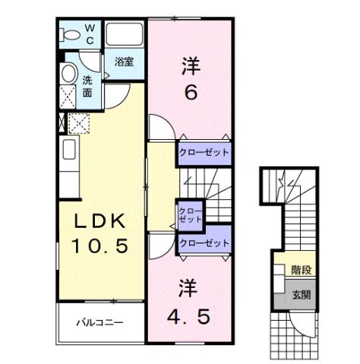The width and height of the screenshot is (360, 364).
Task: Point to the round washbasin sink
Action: click(69, 74)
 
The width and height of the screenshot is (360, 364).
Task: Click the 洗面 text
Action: click(87, 85)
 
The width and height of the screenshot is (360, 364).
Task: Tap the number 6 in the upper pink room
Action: click(191, 93)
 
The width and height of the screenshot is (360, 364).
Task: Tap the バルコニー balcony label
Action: click(99, 322)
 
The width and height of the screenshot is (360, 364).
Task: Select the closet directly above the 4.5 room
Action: click(204, 242)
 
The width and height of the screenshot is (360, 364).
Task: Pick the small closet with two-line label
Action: click(189, 214)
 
